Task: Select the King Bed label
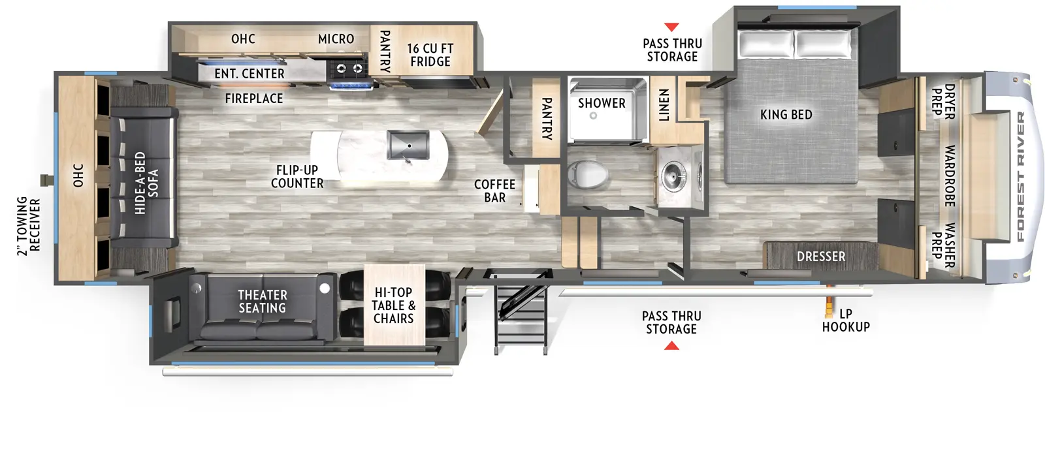pos(786,115)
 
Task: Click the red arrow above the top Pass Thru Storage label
pos(671,27)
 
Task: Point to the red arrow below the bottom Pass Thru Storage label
pos(671,345)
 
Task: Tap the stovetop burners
pos(349,68)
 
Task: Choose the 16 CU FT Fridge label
pos(430,55)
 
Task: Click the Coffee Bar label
pos(494,191)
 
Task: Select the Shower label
pos(602,103)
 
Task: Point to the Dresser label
pos(820,257)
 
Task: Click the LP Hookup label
pos(846,320)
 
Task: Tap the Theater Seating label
pos(262,302)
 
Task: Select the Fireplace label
pos(254,99)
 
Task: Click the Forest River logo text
pos(1021,176)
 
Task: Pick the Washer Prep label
pos(943,245)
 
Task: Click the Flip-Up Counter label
pos(297,177)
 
